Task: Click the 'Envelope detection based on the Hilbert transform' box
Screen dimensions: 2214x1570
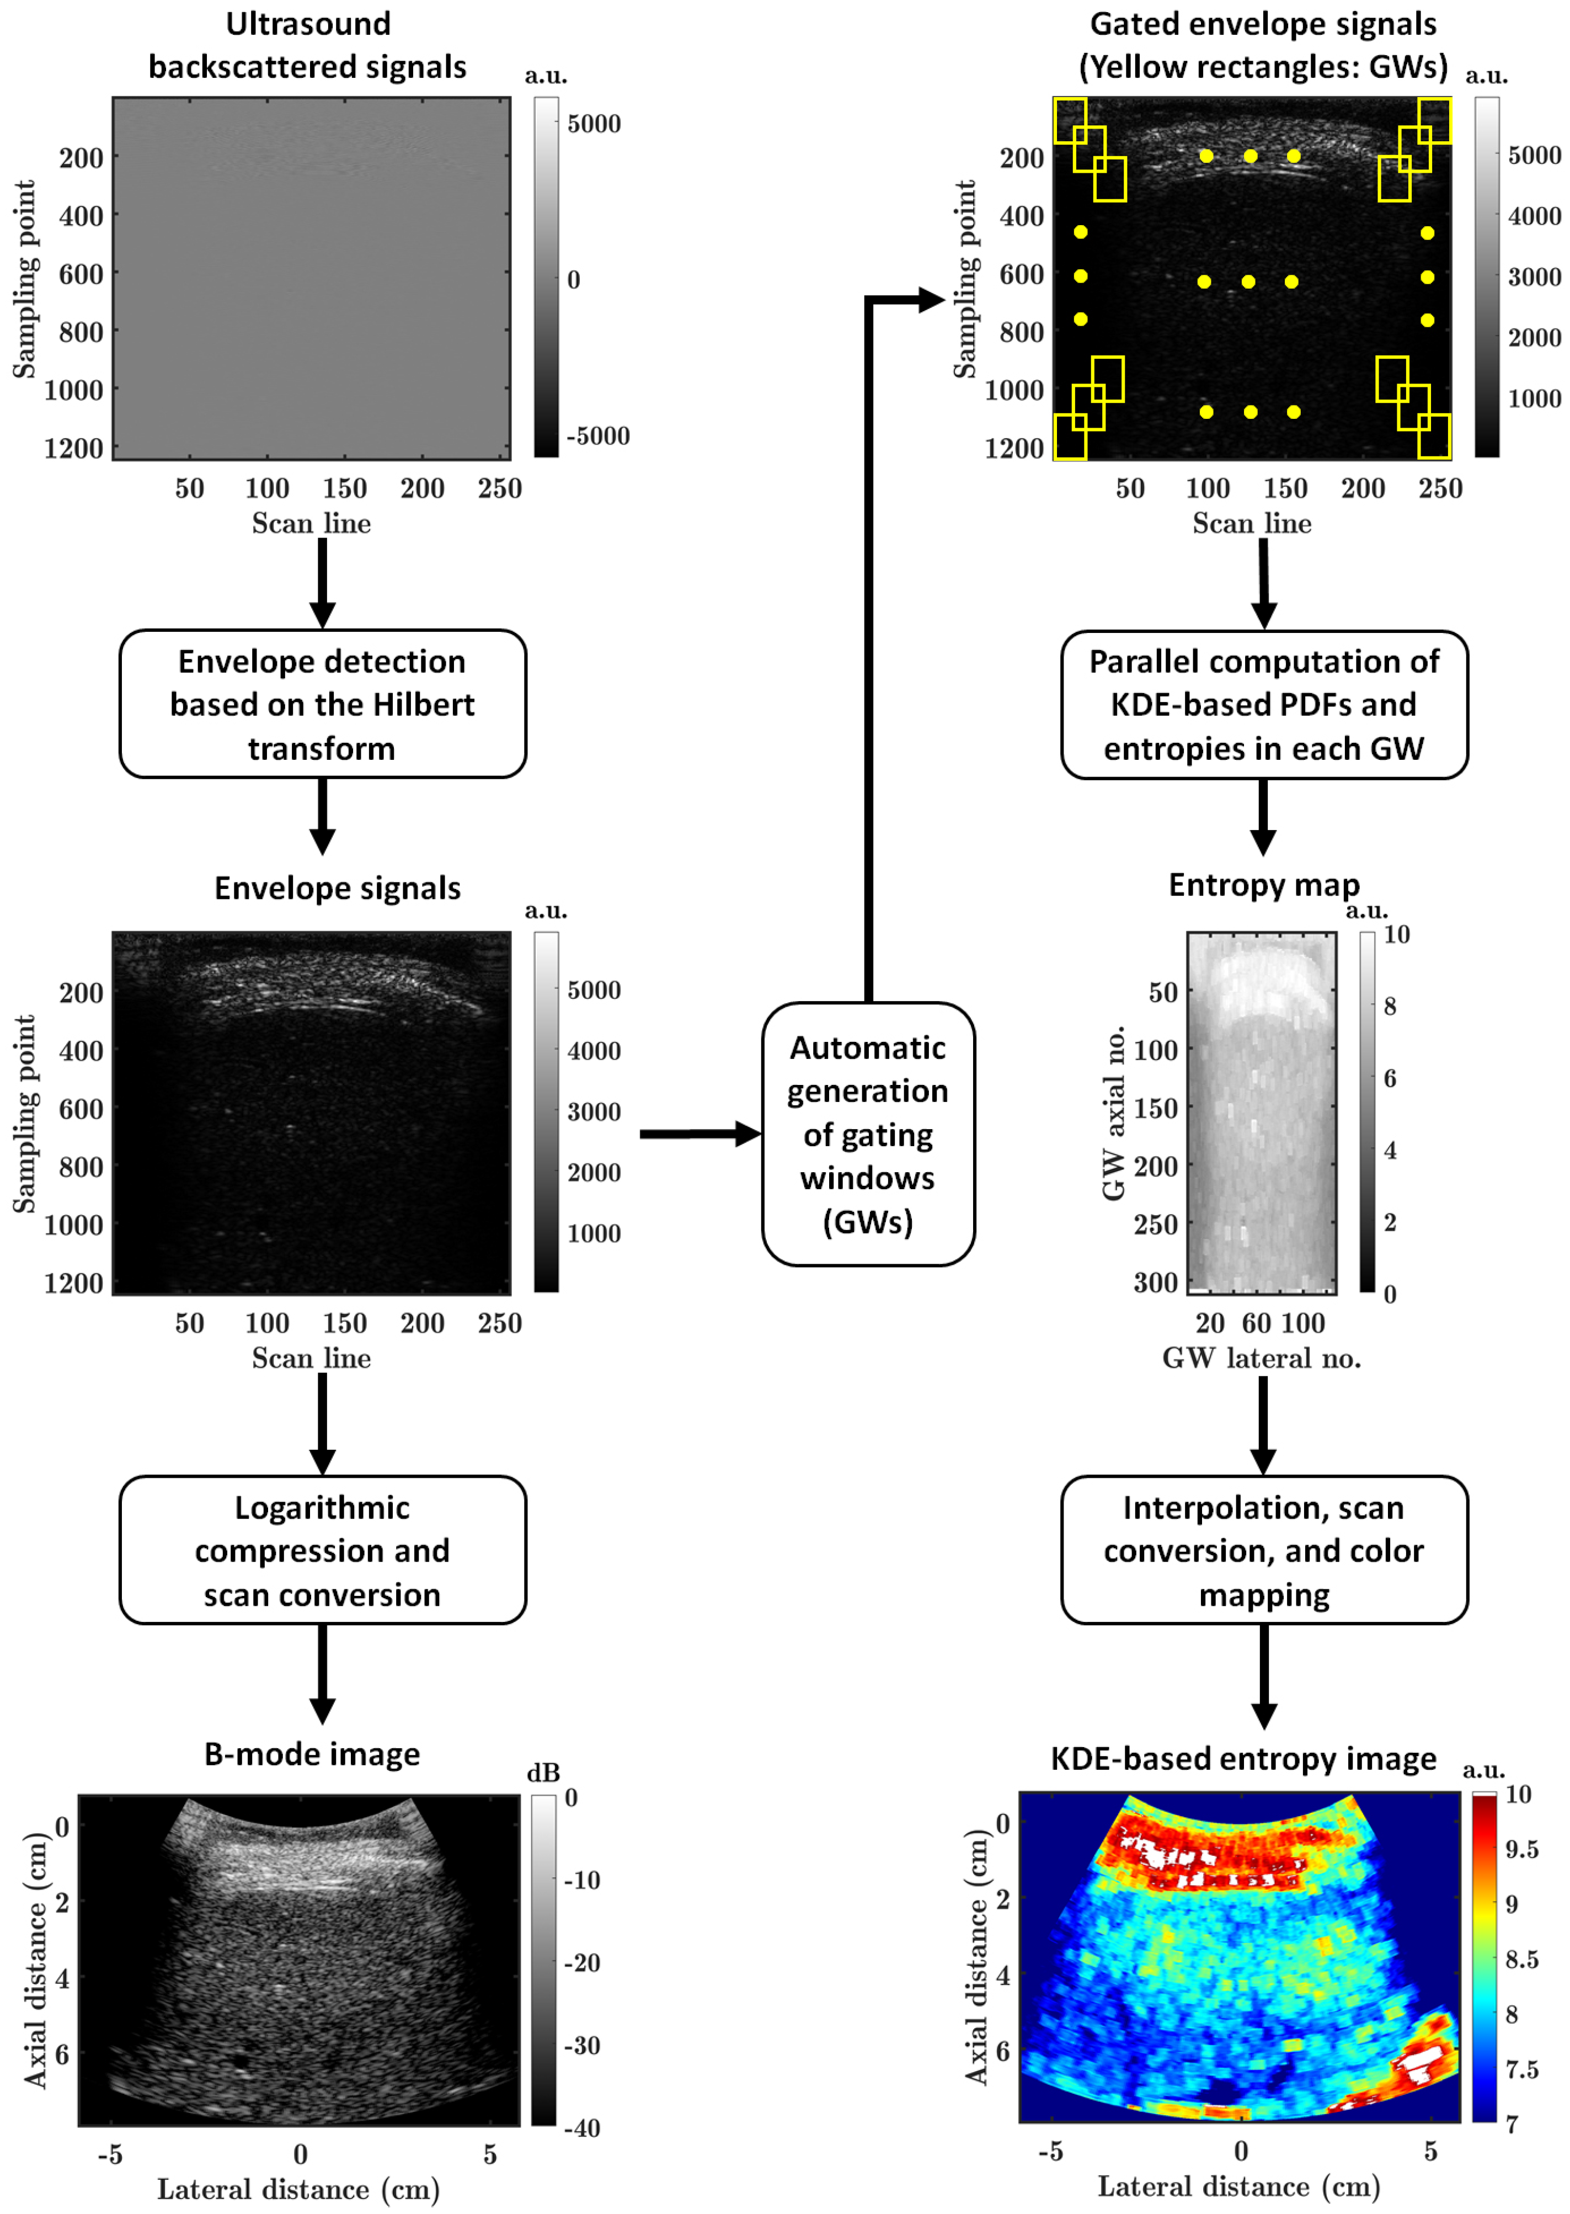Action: coord(322,704)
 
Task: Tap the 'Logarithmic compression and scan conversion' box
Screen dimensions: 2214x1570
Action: coord(322,1550)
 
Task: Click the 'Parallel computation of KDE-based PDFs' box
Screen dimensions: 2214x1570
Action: coord(1263,704)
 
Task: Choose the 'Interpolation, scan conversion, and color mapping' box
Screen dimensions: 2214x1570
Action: coord(1263,1550)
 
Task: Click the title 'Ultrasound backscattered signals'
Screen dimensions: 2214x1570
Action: coord(307,45)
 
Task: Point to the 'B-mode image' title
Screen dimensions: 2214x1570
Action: coord(311,1754)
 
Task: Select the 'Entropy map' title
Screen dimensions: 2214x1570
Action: coord(1263,885)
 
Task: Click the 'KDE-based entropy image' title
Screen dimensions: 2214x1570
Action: coord(1243,1758)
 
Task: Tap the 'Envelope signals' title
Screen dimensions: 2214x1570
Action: coord(338,887)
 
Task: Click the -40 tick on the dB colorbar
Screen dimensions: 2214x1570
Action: coord(583,2127)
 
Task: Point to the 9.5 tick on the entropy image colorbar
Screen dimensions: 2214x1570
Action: coord(1521,1849)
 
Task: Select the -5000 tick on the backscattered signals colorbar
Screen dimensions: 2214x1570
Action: coord(597,436)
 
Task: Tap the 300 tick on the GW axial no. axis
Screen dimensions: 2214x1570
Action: coord(1155,1283)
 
